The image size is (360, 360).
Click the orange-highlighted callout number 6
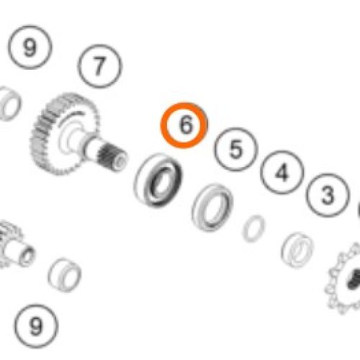click(x=184, y=125)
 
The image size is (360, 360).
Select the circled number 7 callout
click(x=99, y=66)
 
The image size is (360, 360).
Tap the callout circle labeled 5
click(x=235, y=149)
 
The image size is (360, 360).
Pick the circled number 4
click(x=282, y=172)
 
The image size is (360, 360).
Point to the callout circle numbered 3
click(x=328, y=195)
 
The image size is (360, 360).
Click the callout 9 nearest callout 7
click(x=30, y=48)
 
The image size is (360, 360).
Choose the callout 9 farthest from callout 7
click(x=36, y=326)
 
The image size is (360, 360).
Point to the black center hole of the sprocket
click(x=354, y=279)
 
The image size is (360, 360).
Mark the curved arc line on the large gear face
click(x=70, y=116)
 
